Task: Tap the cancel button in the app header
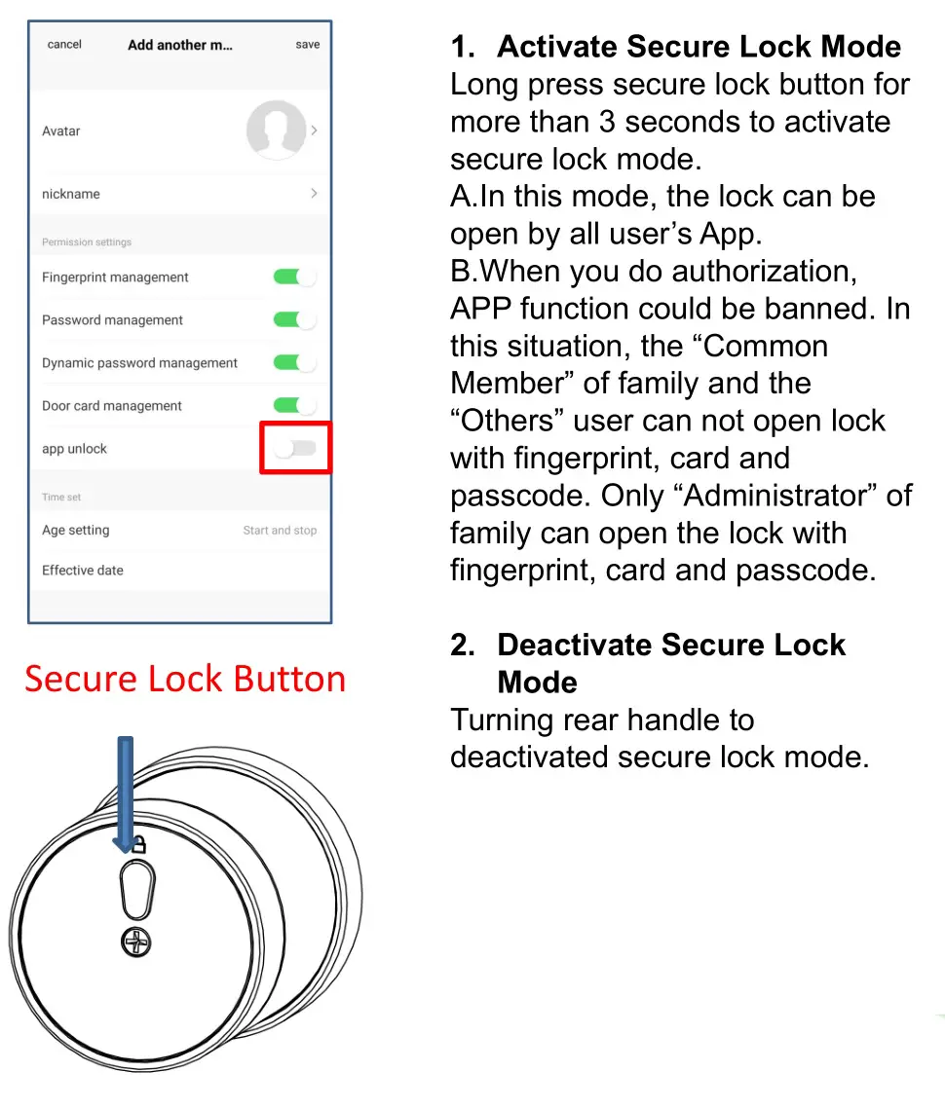[x=64, y=45]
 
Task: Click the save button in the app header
[x=307, y=45]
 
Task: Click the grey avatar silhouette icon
[x=276, y=129]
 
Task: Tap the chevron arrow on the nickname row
[x=314, y=194]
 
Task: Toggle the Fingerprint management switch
[x=294, y=277]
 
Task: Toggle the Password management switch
[x=294, y=320]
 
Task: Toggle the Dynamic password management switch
[x=294, y=363]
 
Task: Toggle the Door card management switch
[x=294, y=406]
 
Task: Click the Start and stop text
[x=280, y=531]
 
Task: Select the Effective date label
[x=83, y=571]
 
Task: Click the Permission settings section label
[x=86, y=242]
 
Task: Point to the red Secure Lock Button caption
[x=185, y=679]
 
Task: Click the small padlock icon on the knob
[x=139, y=843]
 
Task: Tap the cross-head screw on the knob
[x=137, y=942]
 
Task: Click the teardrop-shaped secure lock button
[x=138, y=888]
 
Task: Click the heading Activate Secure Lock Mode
[x=698, y=47]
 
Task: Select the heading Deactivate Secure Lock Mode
[x=670, y=663]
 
